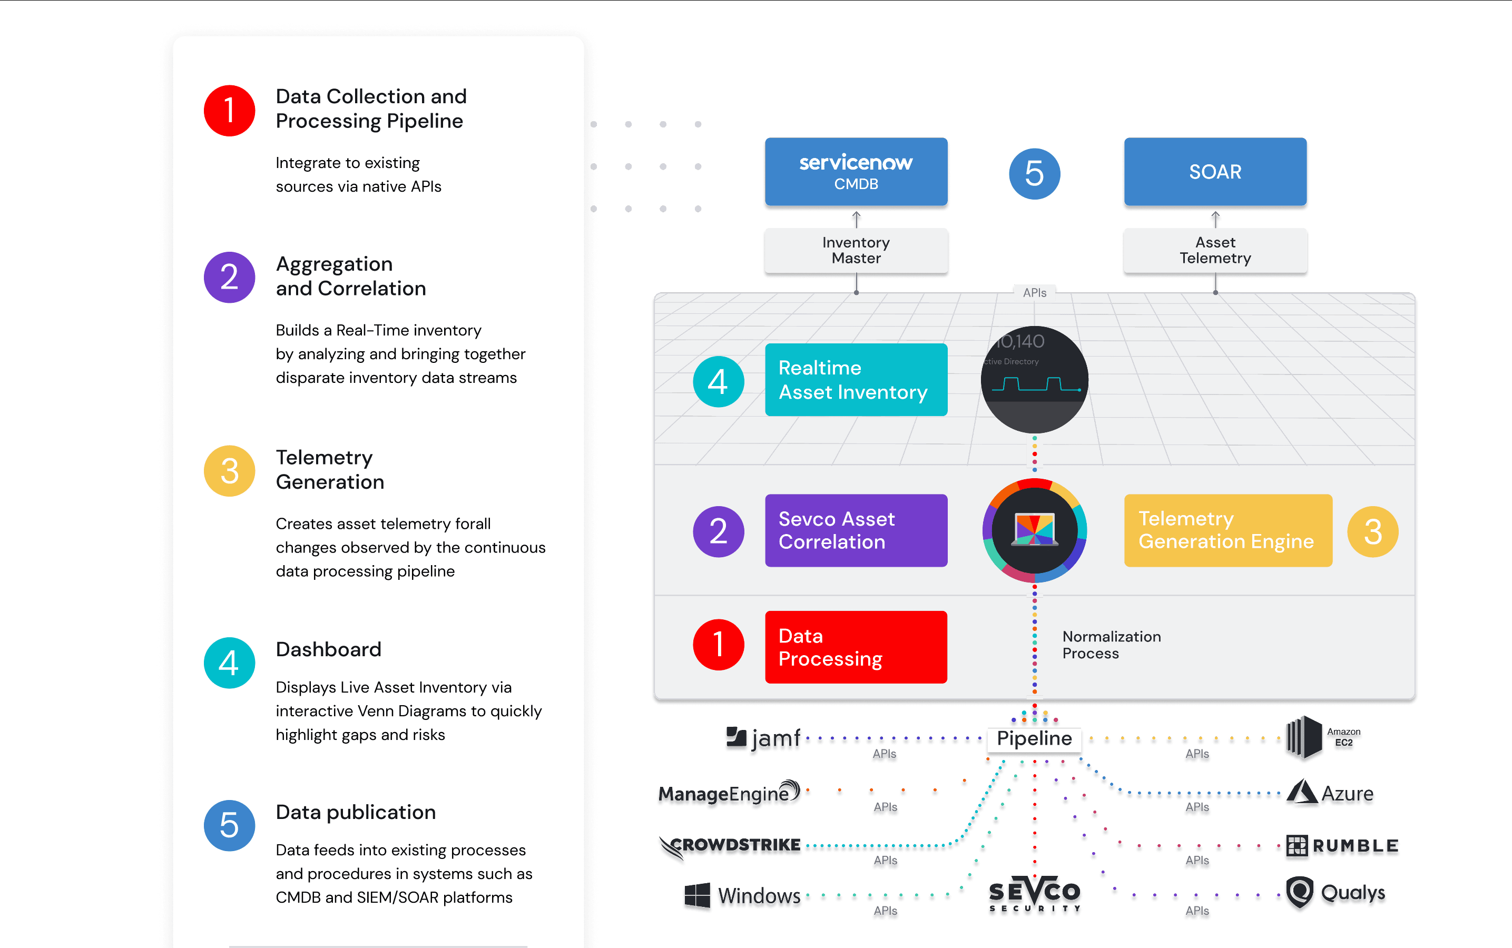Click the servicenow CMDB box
(856, 172)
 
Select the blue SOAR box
(1215, 172)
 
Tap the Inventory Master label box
(856, 250)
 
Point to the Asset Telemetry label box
(1215, 250)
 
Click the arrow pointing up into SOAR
(1215, 219)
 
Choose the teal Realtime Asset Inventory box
(856, 379)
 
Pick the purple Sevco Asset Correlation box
(856, 530)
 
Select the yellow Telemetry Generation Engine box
(1228, 530)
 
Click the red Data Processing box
(856, 647)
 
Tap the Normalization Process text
(1111, 645)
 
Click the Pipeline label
(1034, 738)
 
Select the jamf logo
(763, 738)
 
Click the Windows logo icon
(697, 895)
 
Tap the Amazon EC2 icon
(1304, 737)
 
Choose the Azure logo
(1330, 793)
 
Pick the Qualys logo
(1335, 892)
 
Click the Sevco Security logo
(1034, 893)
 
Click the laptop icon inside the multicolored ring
(1035, 530)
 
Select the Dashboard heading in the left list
(329, 649)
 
